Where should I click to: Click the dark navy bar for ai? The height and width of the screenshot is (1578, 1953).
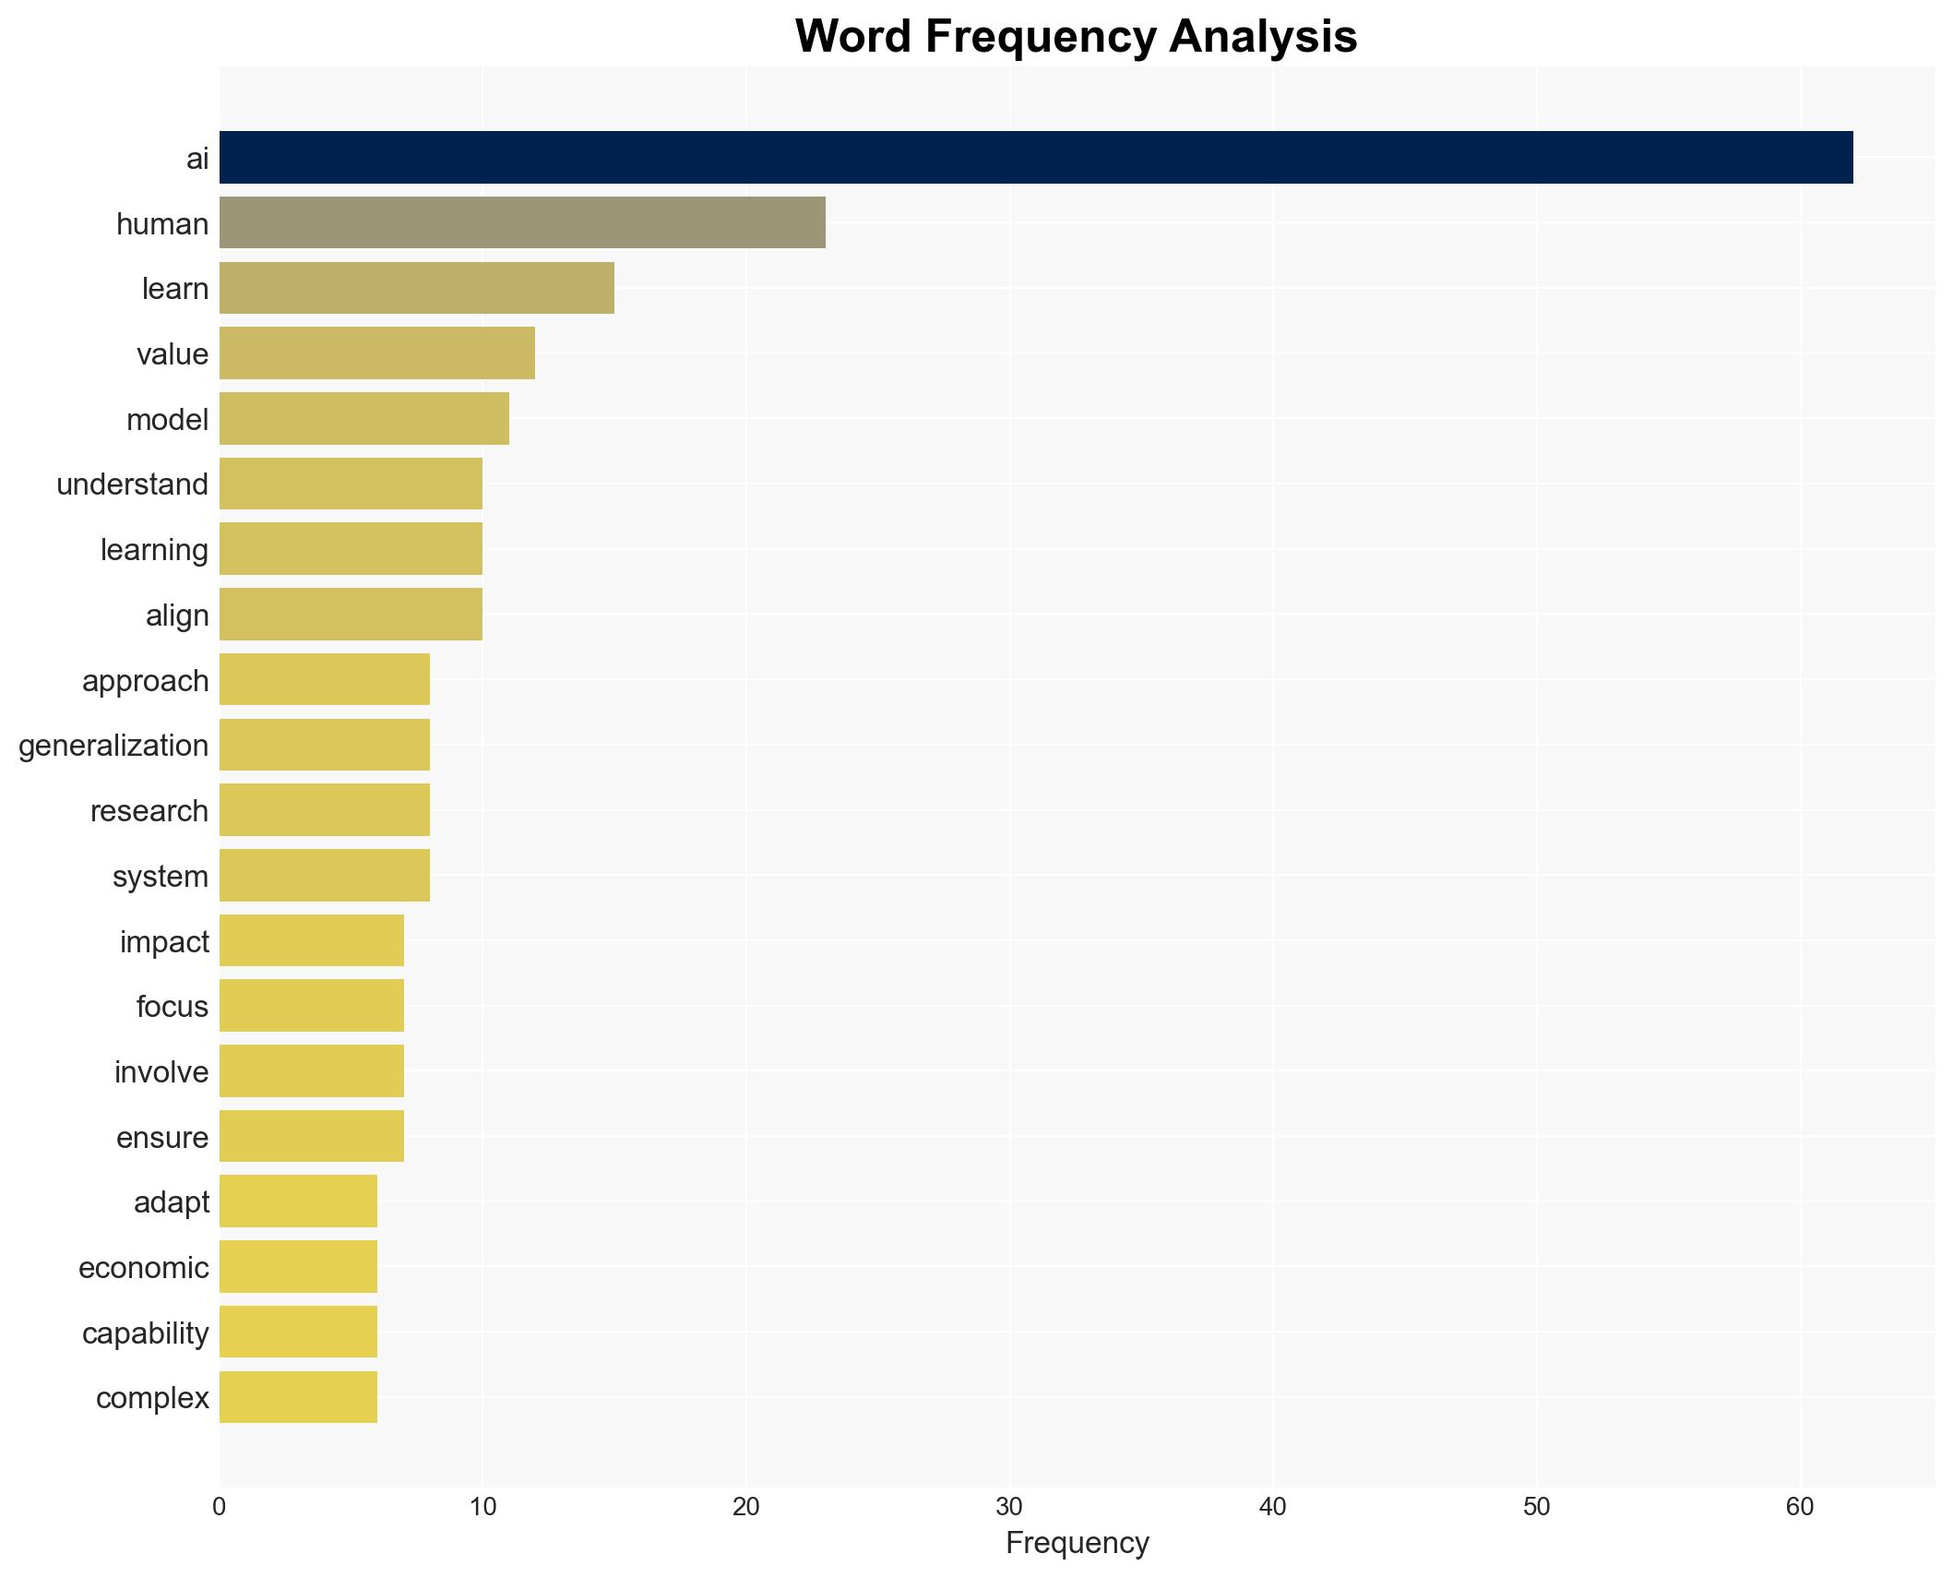point(1035,158)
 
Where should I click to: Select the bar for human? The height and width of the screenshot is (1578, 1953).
point(522,223)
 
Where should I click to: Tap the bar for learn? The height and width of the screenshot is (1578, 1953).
point(416,288)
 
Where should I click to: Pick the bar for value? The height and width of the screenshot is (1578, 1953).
point(376,353)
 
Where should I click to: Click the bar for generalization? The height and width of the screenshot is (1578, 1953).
point(324,745)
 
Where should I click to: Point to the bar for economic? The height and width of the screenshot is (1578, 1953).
point(298,1267)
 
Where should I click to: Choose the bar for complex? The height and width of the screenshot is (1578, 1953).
point(298,1397)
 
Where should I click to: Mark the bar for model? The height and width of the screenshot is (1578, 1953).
point(363,419)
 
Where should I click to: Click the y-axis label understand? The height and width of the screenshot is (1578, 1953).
point(132,484)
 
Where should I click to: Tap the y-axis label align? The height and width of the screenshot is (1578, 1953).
point(177,616)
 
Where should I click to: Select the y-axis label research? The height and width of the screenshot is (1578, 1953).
point(149,811)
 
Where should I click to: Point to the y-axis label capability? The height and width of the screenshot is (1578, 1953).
point(145,1333)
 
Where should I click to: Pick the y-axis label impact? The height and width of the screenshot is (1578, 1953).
point(164,942)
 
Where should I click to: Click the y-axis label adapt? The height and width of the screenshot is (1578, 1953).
point(172,1202)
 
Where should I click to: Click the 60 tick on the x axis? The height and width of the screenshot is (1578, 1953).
point(1800,1507)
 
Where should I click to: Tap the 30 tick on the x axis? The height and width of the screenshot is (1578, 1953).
point(1009,1507)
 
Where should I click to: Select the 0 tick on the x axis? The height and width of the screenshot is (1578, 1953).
point(219,1507)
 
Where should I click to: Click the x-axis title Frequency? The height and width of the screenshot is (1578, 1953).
point(1077,1543)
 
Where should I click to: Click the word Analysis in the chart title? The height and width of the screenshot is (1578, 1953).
point(1263,37)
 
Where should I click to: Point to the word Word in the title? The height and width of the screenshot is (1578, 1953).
point(853,37)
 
